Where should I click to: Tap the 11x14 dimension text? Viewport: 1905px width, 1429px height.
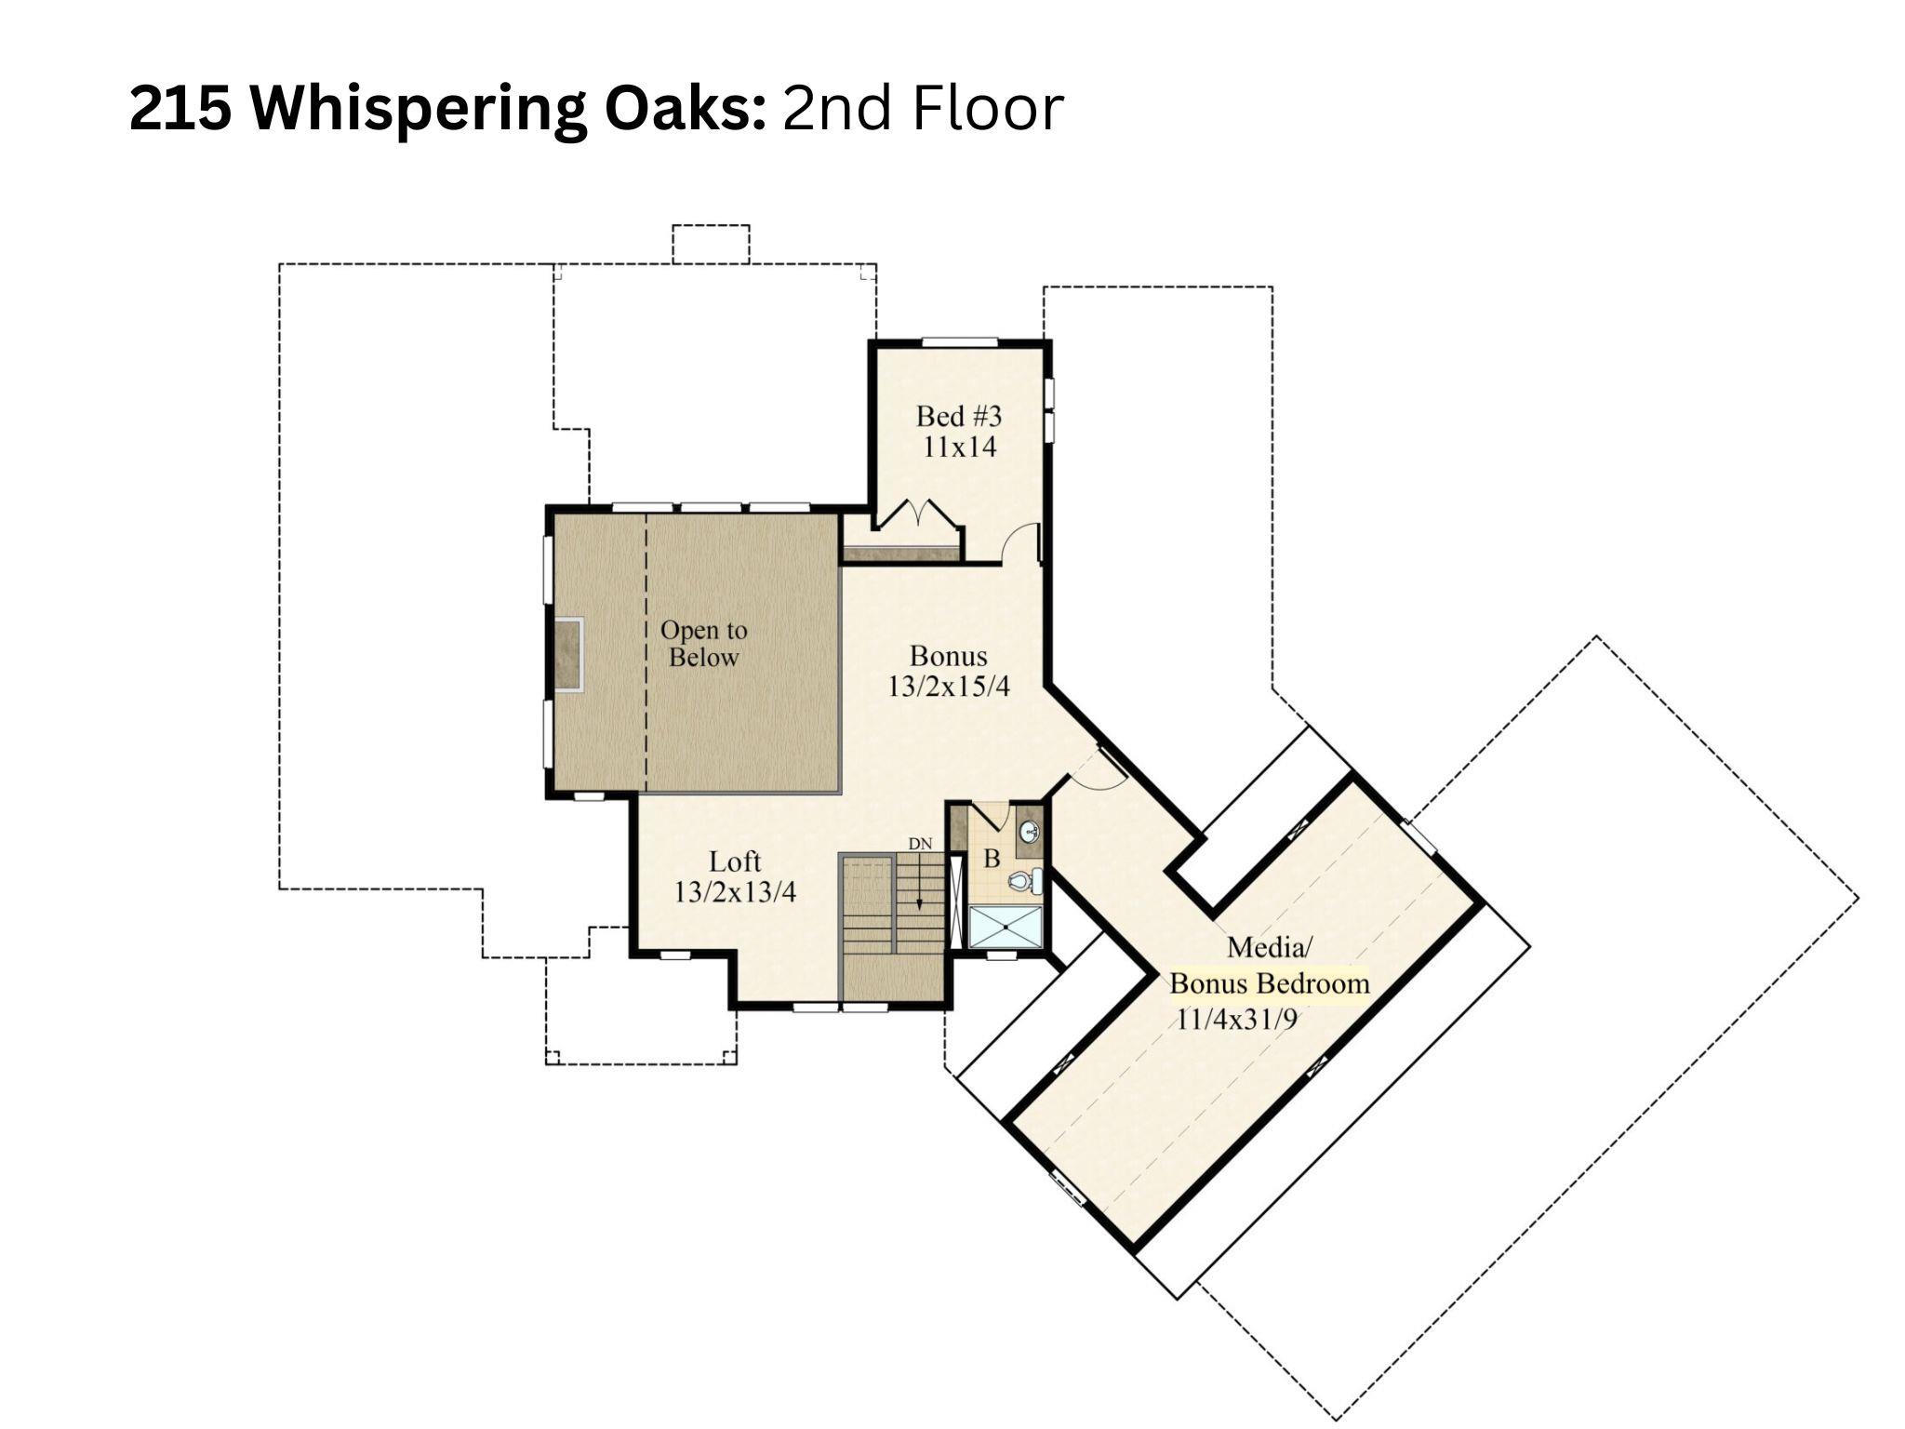click(959, 447)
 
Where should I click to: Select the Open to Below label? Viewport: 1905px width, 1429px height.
click(703, 643)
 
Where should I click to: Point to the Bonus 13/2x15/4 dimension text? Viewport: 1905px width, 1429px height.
click(948, 687)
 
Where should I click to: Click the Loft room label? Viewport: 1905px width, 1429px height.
click(735, 861)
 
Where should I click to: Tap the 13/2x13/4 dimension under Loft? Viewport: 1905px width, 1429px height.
click(735, 892)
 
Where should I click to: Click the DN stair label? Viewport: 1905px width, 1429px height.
click(920, 844)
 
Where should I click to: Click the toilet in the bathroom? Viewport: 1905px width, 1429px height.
click(1024, 880)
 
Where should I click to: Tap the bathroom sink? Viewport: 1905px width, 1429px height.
click(1029, 831)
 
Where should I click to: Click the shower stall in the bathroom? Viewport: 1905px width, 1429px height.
click(1006, 927)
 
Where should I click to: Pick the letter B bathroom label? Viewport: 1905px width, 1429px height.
click(992, 859)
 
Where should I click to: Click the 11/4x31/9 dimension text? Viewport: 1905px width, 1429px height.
click(1236, 1019)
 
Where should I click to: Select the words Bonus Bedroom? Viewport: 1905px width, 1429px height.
click(1269, 983)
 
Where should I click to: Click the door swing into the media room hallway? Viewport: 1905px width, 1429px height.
click(1098, 772)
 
